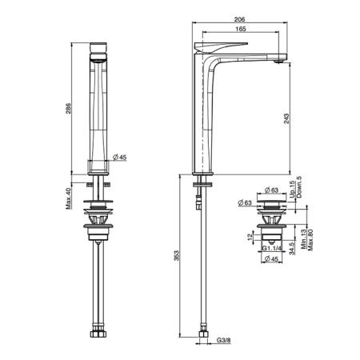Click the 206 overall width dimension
coord(239,19)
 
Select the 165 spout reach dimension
coord(241,29)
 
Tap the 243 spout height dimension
coord(286,118)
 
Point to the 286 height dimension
coord(69,108)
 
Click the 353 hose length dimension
coord(177,255)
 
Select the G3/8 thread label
coord(223,340)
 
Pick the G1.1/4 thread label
coord(272,248)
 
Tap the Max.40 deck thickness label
coord(69,198)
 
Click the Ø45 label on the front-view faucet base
coord(120,158)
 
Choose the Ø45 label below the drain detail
coord(270,258)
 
